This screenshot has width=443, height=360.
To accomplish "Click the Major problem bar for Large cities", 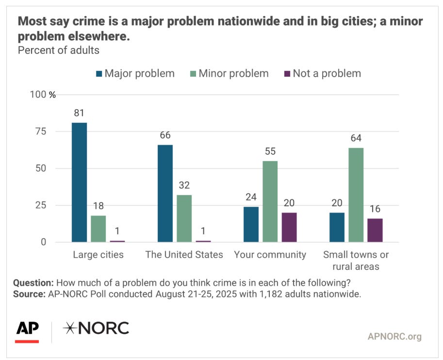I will coord(80,182).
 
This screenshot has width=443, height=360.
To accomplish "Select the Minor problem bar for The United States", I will coord(184,218).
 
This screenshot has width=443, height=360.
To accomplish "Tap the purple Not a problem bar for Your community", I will coord(289,227).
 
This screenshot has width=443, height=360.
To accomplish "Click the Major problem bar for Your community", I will coord(251,224).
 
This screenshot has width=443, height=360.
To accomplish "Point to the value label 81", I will coord(80,113).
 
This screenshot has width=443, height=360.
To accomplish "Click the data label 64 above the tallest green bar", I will coord(356,138).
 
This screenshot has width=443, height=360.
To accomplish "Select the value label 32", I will coord(184,185).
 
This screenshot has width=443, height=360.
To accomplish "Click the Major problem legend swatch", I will coord(99,74).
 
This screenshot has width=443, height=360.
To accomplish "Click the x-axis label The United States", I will coord(184,255).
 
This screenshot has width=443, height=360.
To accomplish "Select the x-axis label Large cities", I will coord(98,255).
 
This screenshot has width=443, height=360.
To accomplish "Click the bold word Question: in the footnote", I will coord(33,283).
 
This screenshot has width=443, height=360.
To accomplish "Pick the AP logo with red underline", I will coord(27,330).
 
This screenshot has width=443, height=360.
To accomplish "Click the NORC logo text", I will coord(96,328).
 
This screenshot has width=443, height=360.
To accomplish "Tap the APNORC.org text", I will coord(394,336).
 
